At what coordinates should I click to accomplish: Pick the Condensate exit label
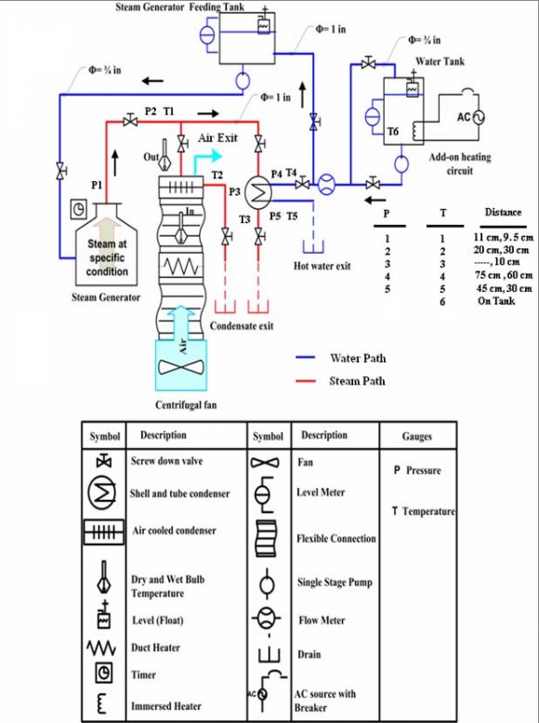coord(242,325)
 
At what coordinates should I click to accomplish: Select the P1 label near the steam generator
coord(96,186)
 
